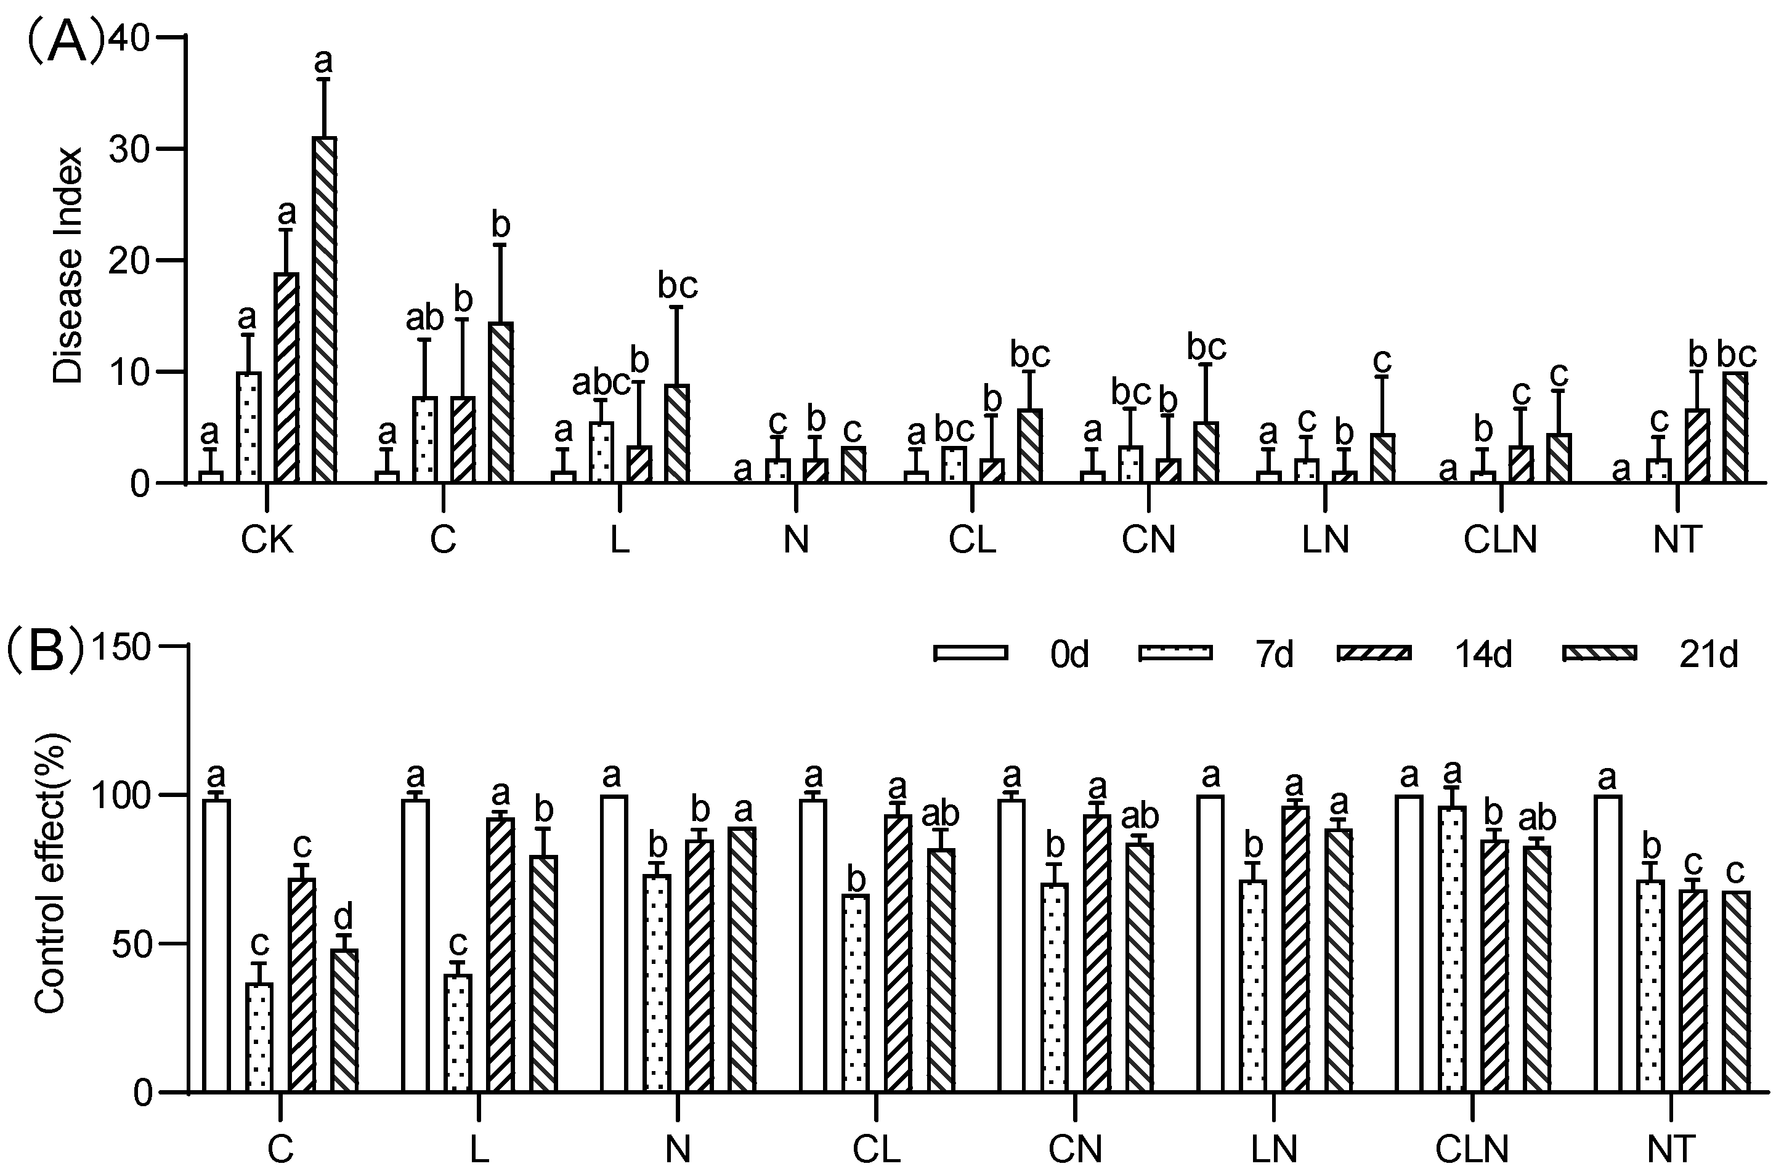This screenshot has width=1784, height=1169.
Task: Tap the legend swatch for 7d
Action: pyautogui.click(x=1175, y=653)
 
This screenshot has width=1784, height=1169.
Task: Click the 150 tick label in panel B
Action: pyautogui.click(x=121, y=647)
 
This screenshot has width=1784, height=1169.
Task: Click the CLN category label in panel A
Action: pyautogui.click(x=1500, y=540)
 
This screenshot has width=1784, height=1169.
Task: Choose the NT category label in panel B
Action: pyautogui.click(x=1671, y=1149)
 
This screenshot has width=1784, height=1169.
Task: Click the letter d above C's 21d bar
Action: pyautogui.click(x=344, y=916)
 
